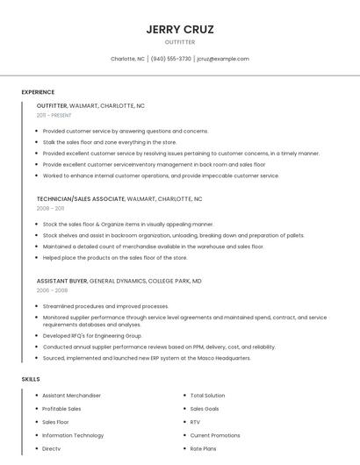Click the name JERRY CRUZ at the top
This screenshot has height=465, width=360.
179,29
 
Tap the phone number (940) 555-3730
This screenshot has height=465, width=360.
170,59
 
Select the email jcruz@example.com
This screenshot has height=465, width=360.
223,59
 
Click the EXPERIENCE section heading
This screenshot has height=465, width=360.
38,92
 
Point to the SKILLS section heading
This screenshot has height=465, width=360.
31,379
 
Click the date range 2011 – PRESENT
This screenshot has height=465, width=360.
54,115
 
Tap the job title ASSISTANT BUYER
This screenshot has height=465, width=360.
61,281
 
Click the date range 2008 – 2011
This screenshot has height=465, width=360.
50,209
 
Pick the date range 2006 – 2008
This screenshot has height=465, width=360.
52,290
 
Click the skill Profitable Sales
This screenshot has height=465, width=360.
61,409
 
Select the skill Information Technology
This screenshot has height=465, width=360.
73,435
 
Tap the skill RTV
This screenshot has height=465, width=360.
195,422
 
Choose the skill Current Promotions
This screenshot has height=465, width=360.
215,435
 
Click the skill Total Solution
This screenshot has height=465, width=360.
208,396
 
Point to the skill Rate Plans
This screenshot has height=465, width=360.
203,448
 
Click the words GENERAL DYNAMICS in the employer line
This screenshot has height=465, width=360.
120,281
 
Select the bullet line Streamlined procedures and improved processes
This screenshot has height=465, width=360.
105,306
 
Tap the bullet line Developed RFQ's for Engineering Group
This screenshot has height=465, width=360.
92,335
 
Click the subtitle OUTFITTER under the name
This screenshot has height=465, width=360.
179,42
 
